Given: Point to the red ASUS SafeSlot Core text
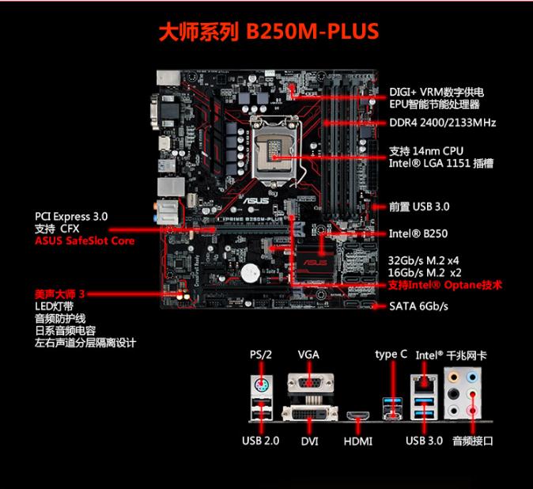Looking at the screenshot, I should point(85,241).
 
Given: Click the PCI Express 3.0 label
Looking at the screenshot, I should point(71,215).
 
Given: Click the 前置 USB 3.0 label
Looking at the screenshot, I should point(419,207).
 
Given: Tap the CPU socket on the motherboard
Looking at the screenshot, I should point(276,147).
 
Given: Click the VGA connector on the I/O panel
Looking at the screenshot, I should point(308,384).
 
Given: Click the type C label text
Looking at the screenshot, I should point(391,354).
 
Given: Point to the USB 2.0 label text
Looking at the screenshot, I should point(260,441).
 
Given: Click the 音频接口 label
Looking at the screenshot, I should point(473,441).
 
